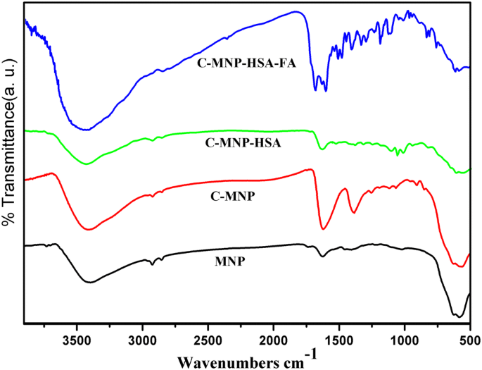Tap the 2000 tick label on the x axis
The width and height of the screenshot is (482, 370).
[274, 340]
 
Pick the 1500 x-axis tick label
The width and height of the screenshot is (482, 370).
[339, 340]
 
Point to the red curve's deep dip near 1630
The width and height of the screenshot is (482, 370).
[323, 228]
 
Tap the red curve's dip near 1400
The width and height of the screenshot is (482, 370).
[353, 212]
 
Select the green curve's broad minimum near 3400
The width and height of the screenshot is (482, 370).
[87, 164]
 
